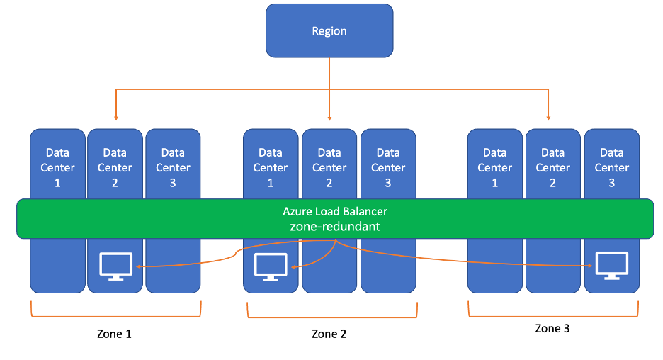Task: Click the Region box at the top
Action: [x=329, y=31]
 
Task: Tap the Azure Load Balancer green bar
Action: [x=335, y=219]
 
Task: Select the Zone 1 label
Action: [x=114, y=334]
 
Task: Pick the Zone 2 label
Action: [x=329, y=334]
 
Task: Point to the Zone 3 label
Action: [x=552, y=329]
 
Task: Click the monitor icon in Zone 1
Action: [x=115, y=266]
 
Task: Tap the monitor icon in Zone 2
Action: [x=271, y=266]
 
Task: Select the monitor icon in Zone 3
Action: [x=612, y=266]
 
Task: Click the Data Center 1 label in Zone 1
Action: [x=57, y=167]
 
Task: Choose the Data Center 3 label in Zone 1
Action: [x=173, y=167]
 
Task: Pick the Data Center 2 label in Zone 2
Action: [x=329, y=167]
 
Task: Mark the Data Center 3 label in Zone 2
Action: [x=388, y=167]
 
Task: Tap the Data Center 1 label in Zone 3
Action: [x=494, y=167]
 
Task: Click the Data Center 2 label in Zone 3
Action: [x=552, y=167]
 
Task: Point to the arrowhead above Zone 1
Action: [x=116, y=118]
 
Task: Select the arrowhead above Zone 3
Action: [x=548, y=118]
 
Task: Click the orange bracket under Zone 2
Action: [x=332, y=317]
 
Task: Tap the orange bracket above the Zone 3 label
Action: [x=553, y=316]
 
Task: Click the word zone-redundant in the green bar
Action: [x=335, y=227]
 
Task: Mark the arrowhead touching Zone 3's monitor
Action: [x=589, y=266]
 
